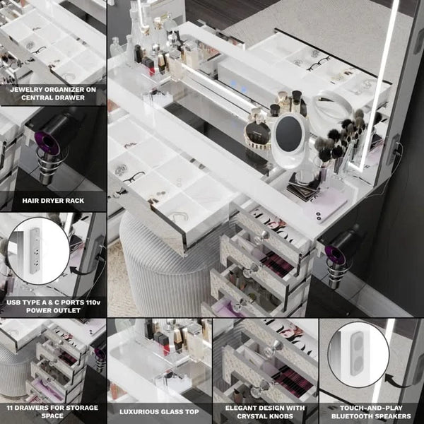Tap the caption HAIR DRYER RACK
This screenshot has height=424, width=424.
[53, 201]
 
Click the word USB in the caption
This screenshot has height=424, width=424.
[13, 302]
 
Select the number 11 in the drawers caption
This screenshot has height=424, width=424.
[10, 408]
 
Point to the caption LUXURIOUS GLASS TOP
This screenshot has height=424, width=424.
[159, 412]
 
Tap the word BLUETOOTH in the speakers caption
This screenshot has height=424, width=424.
[351, 416]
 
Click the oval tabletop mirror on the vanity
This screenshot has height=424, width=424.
[289, 140]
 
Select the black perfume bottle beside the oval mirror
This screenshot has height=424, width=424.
[257, 131]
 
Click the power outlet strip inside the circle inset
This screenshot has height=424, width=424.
[35, 250]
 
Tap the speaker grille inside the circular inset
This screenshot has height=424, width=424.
[358, 354]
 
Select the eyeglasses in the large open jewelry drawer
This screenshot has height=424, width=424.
[134, 177]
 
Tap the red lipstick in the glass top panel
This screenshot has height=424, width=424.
[165, 350]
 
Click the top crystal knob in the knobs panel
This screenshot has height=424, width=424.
[273, 350]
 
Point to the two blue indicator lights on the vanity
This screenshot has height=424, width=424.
[238, 86]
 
